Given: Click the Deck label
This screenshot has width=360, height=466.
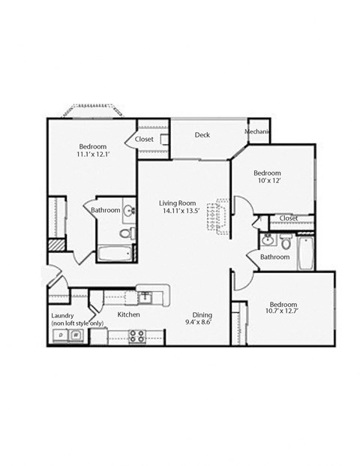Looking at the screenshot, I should click(202, 135).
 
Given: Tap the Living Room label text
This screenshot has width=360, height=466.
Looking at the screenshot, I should click(177, 203).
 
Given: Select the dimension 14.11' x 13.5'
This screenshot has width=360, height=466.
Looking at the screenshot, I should click(177, 212).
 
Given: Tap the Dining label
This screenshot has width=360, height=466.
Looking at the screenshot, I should click(202, 315).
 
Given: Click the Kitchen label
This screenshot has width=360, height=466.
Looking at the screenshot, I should click(128, 315).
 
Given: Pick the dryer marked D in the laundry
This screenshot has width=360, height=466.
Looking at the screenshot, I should click(59, 335).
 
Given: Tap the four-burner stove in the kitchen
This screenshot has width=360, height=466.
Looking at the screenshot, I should click(137, 336).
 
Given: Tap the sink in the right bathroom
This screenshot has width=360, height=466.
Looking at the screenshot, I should click(268, 240).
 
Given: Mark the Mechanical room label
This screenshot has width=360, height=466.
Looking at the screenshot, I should click(257, 133).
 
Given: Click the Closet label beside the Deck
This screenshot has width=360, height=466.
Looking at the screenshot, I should click(144, 139).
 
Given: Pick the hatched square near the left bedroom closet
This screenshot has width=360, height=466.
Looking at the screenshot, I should click(55, 245).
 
